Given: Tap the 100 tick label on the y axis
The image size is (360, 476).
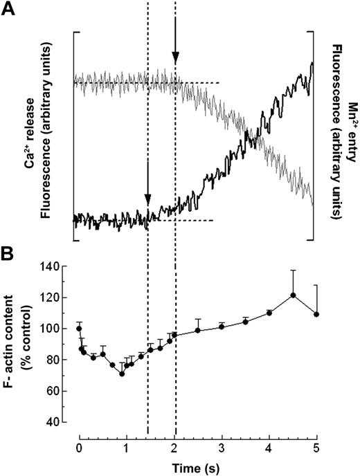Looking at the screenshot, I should tap(58, 328).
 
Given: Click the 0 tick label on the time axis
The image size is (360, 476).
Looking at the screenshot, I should tap(79, 448).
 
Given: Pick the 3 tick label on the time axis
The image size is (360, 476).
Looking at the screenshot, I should tap(222, 448).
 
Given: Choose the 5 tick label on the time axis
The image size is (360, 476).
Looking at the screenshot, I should tap(316, 448).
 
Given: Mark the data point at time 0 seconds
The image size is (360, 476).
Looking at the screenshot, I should tap(79, 328).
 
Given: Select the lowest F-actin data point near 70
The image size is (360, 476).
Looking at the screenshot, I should tap(122, 374).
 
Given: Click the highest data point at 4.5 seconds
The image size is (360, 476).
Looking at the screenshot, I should tap(293, 295).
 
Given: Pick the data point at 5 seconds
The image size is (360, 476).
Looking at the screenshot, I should tap(316, 314).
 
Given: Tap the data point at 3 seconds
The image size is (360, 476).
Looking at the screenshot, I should tap(222, 326).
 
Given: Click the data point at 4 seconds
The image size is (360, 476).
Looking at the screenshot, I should tap(269, 313).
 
